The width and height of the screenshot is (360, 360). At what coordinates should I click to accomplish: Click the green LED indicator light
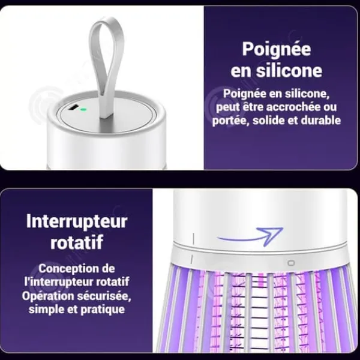pos(84,110)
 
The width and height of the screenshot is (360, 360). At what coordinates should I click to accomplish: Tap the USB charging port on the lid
pos(74,107)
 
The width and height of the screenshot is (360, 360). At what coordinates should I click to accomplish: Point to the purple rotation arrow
pos(250,237)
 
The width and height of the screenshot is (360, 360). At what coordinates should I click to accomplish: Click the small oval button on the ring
pos(292,263)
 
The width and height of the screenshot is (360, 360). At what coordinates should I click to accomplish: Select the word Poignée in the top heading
pos(277,49)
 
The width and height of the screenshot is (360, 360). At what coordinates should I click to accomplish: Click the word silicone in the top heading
pos(289,70)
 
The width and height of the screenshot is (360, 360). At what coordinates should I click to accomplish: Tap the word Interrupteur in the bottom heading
pos(77,222)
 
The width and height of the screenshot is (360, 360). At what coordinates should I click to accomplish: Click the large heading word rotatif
pos(77,242)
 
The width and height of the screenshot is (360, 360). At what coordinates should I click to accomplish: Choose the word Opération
pos(48,296)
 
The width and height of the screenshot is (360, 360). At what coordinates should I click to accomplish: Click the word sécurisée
pos(104,296)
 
